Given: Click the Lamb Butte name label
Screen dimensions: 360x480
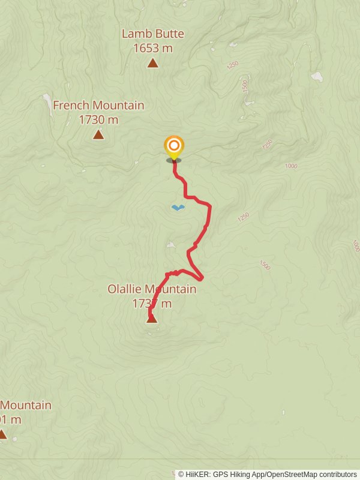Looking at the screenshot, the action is click(x=152, y=34).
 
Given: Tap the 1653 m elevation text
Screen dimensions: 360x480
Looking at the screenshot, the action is click(x=152, y=47).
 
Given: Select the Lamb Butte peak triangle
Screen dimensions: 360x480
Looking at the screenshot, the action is click(x=152, y=63).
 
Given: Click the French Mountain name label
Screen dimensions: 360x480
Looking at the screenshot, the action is click(x=98, y=106).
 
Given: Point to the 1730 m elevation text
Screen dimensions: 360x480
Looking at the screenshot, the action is click(x=98, y=119).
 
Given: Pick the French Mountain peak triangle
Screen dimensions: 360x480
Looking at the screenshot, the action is click(x=98, y=134).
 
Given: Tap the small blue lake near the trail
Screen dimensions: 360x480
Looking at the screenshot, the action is click(x=178, y=208).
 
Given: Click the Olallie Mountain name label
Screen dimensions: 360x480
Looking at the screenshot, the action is click(x=152, y=289).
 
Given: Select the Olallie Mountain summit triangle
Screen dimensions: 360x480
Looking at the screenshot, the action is click(x=152, y=319).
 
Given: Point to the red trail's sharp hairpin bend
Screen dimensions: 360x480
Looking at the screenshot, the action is click(x=202, y=277).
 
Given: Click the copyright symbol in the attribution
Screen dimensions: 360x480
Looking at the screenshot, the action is click(x=182, y=475).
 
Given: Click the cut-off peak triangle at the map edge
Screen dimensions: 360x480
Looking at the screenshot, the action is click(x=2, y=434).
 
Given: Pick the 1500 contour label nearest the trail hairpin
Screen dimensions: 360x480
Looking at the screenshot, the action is click(x=265, y=265).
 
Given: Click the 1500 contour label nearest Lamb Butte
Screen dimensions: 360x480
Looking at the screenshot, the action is click(x=245, y=86).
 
